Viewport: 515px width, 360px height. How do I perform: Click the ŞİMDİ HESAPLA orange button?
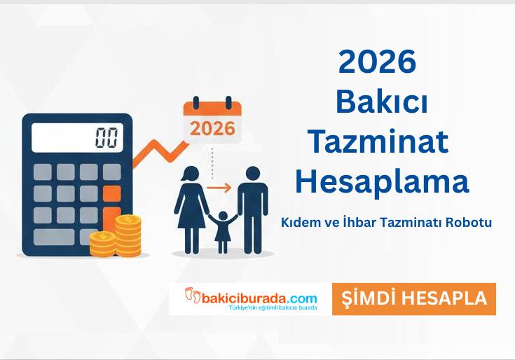pyautogui.click(x=413, y=298)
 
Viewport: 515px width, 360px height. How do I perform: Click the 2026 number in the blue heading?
pyautogui.click(x=377, y=63)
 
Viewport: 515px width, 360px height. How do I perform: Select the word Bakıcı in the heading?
pyautogui.click(x=381, y=102)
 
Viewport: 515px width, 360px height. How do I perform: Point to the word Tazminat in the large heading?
pyautogui.click(x=378, y=142)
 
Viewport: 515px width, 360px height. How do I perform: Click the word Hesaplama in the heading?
pyautogui.click(x=381, y=182)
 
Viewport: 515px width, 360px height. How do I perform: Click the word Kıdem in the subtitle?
pyautogui.click(x=298, y=222)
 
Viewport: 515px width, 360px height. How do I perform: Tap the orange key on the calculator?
pyautogui.click(x=111, y=193)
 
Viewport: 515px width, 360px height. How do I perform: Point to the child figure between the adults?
pyautogui.click(x=223, y=231)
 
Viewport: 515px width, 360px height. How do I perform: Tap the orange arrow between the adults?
pyautogui.click(x=219, y=188)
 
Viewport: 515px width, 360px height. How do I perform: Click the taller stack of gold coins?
pyautogui.click(x=128, y=235)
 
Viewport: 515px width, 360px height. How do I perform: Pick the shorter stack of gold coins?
pyautogui.click(x=102, y=244)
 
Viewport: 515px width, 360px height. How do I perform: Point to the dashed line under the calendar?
pyautogui.click(x=212, y=162)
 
